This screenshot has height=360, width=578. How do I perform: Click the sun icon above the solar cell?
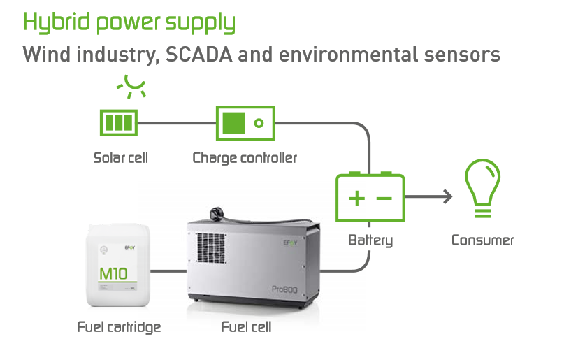(x=131, y=86)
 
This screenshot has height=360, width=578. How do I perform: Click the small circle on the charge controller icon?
(x=259, y=124)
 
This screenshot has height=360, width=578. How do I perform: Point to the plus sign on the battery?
(x=356, y=199)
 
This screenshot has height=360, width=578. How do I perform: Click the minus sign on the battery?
(x=384, y=199)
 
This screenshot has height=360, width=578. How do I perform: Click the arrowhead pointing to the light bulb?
(x=447, y=197)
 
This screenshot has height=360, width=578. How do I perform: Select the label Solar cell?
(x=121, y=158)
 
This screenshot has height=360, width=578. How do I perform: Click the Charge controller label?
(x=245, y=158)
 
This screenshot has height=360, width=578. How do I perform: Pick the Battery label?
(x=370, y=241)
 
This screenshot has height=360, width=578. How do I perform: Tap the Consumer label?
(x=482, y=241)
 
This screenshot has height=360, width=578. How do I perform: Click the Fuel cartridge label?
(x=119, y=327)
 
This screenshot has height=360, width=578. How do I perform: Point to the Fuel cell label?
(x=246, y=327)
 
